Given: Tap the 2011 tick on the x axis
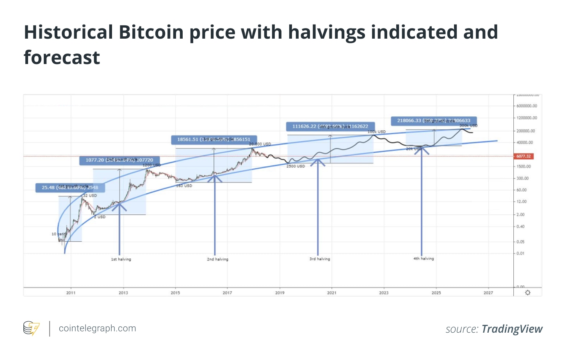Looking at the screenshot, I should tap(71, 293).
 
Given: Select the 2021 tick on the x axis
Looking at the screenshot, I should tap(331, 293).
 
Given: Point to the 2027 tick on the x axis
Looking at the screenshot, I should tap(488, 293).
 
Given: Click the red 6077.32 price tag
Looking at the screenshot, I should tap(523, 156).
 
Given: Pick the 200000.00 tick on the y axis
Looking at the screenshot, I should tap(525, 131).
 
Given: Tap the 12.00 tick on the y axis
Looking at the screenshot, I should tap(522, 202).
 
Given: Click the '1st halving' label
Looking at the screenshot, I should tap(121, 259).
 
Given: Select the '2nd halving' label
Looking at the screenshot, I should tap(217, 259).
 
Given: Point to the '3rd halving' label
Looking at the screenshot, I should tap(320, 259).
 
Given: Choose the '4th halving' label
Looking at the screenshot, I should tap(424, 258).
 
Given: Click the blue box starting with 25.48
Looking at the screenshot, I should tap(70, 188).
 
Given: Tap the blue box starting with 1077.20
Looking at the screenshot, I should tap(119, 160).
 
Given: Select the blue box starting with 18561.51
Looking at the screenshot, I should tap(214, 139).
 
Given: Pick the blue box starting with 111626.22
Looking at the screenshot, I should tap(330, 127).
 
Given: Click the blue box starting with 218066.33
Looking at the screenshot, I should tap(434, 121).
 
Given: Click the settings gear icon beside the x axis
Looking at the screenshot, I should tap(528, 293).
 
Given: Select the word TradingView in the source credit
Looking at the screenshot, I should tap(512, 329).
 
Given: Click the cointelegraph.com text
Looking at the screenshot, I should tap(97, 328).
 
